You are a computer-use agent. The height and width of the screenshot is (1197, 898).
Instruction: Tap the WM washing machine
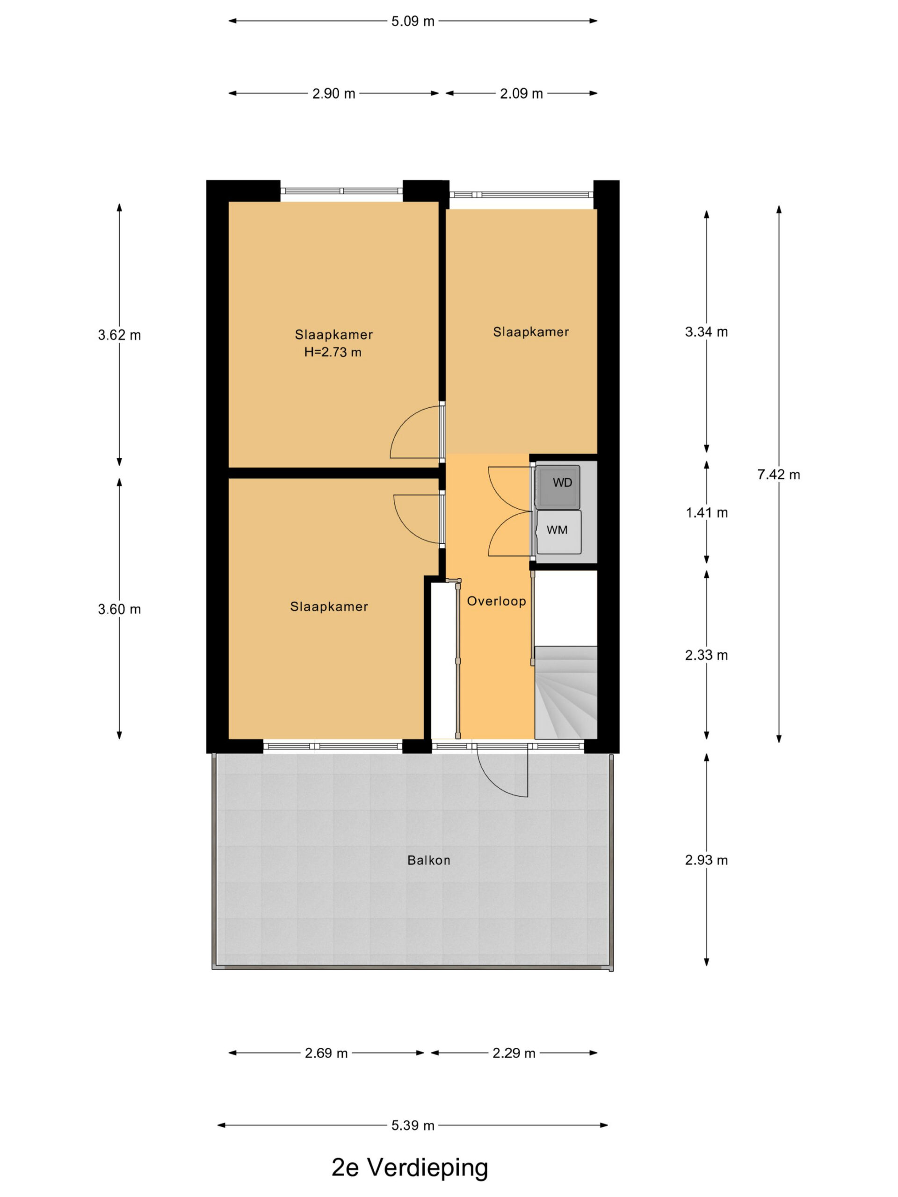pos(558,532)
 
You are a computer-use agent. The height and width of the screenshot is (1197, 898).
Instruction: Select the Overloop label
pos(496,601)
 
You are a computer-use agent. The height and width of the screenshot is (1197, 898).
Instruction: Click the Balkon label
pos(429,860)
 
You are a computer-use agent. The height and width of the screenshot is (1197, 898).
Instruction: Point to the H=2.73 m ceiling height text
pos(333,352)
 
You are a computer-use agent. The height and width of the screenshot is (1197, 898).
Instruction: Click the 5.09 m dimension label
pos(413,21)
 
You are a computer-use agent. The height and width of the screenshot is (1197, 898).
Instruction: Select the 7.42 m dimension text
pos(778,475)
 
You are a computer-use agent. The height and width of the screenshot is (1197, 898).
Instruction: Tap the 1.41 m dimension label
pos(706,512)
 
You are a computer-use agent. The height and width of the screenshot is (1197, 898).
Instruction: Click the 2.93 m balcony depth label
pos(706,860)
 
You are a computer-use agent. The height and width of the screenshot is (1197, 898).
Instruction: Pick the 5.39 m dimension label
pos(413,1125)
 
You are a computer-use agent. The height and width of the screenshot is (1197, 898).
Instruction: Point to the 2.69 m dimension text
pos(326,1053)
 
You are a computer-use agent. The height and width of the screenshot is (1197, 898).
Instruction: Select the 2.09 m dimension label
pos(521,94)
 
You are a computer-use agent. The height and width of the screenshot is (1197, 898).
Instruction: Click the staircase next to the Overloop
pos(565,692)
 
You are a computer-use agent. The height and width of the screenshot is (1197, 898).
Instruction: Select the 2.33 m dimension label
pos(706,656)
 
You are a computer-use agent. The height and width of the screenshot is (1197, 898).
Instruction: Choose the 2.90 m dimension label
pos(333,94)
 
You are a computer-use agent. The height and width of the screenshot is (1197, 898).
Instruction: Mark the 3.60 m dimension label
pos(119,609)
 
